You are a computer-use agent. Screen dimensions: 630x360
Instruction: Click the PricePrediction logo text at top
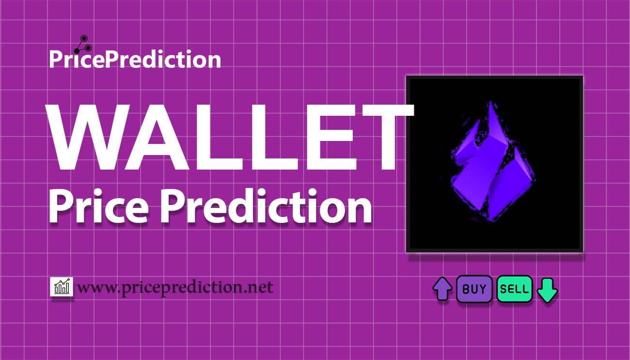pyautogui.click(x=135, y=60)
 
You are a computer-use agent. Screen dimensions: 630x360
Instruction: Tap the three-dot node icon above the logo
pyautogui.click(x=83, y=45)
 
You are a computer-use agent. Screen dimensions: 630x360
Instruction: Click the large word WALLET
pyautogui.click(x=230, y=137)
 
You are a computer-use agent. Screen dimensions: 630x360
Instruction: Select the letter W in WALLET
pyautogui.click(x=90, y=137)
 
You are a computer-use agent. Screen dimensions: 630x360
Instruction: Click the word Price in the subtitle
pyautogui.click(x=98, y=207)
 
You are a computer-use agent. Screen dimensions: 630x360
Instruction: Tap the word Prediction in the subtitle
pyautogui.click(x=266, y=206)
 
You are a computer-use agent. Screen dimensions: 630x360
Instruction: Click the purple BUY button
pyautogui.click(x=474, y=289)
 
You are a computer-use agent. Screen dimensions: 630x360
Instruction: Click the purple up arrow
pyautogui.click(x=442, y=289)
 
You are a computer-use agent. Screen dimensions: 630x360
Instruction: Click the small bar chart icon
pyautogui.click(x=62, y=286)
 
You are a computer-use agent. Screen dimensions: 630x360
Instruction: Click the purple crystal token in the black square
pyautogui.click(x=493, y=162)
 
